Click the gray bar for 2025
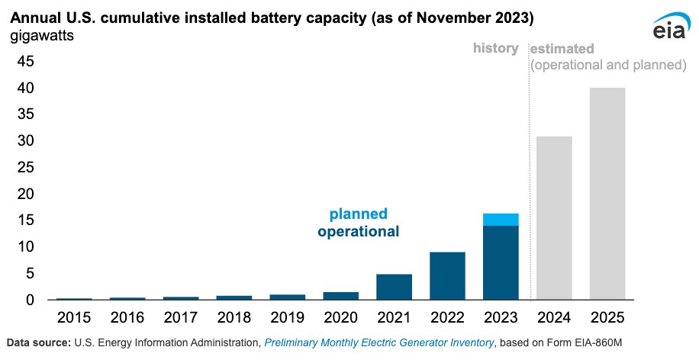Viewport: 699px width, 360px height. tap(607, 194)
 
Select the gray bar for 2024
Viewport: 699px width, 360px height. tap(554, 218)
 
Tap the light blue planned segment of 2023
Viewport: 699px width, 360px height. tap(501, 220)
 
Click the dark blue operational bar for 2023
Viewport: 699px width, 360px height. tap(501, 262)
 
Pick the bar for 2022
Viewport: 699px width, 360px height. tap(447, 275)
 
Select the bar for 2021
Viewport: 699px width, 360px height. tap(394, 287)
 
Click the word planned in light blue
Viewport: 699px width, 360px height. tap(358, 214)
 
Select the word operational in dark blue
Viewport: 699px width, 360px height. tap(358, 231)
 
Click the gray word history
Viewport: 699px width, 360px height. tap(495, 48)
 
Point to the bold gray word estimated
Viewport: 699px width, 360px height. tap(562, 49)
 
